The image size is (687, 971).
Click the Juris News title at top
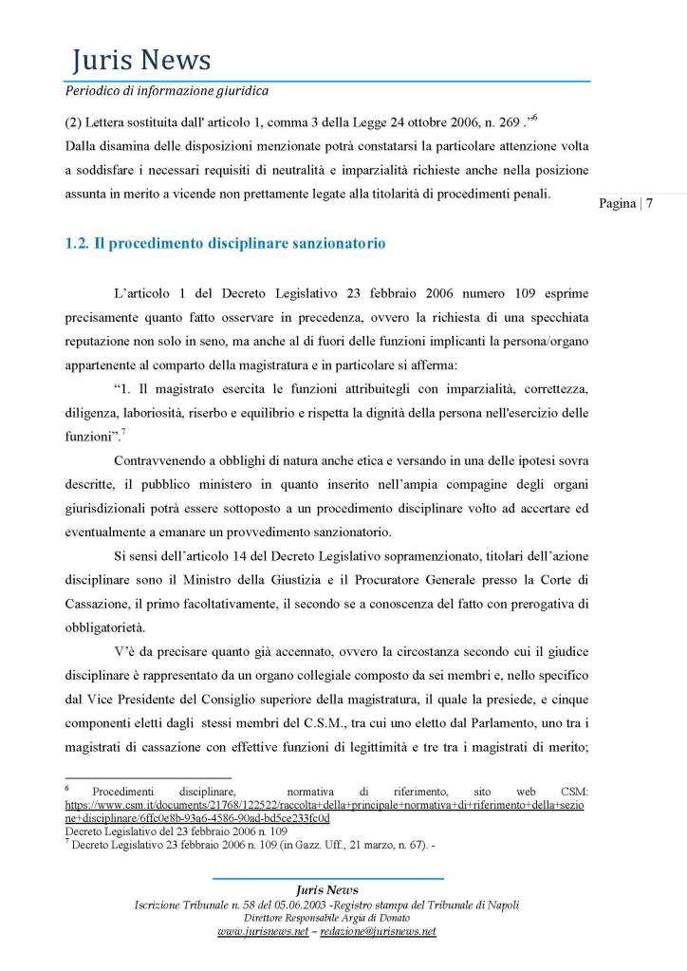(x=140, y=62)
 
